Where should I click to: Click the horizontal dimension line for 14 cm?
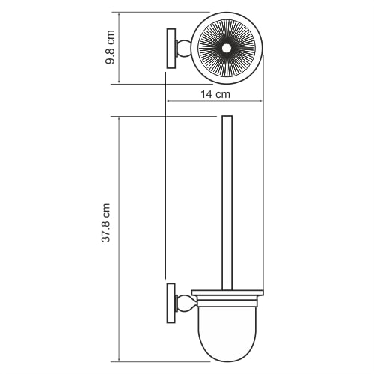tap(215, 102)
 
